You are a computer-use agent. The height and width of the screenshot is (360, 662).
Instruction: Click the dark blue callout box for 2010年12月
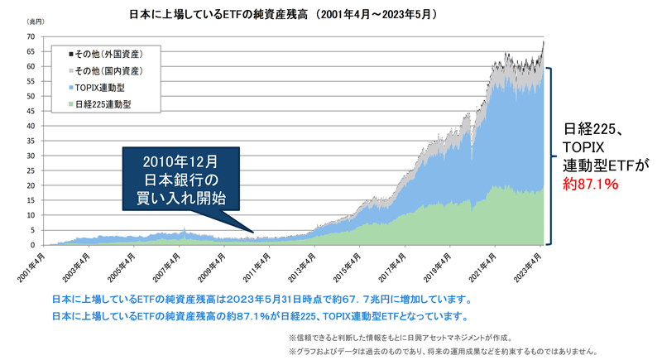(180, 178)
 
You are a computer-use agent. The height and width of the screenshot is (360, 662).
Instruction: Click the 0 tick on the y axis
(33, 245)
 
